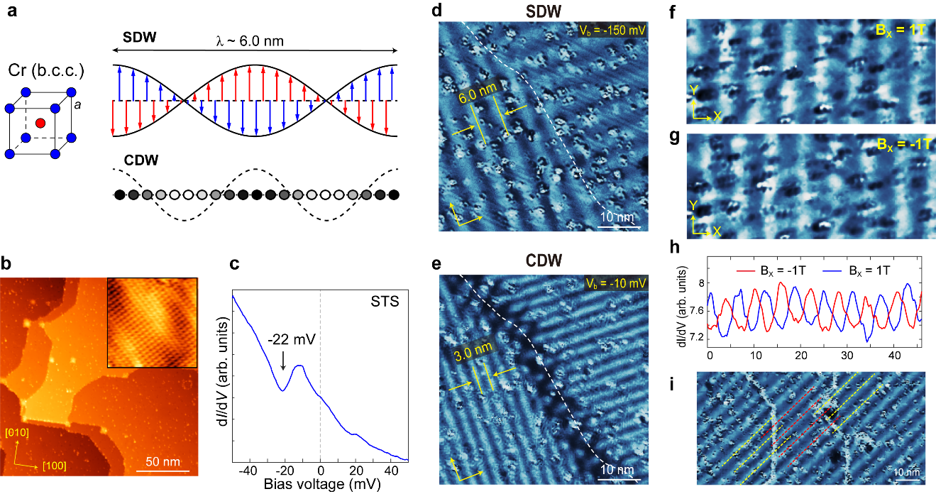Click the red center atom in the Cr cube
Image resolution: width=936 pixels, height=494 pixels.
(40, 122)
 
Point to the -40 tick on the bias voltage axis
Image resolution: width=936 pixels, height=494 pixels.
(246, 471)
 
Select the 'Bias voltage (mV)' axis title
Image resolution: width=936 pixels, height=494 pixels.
(320, 485)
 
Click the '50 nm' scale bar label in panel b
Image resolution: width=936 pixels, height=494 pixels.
(163, 463)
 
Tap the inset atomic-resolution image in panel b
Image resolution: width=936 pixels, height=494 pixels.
(151, 323)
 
